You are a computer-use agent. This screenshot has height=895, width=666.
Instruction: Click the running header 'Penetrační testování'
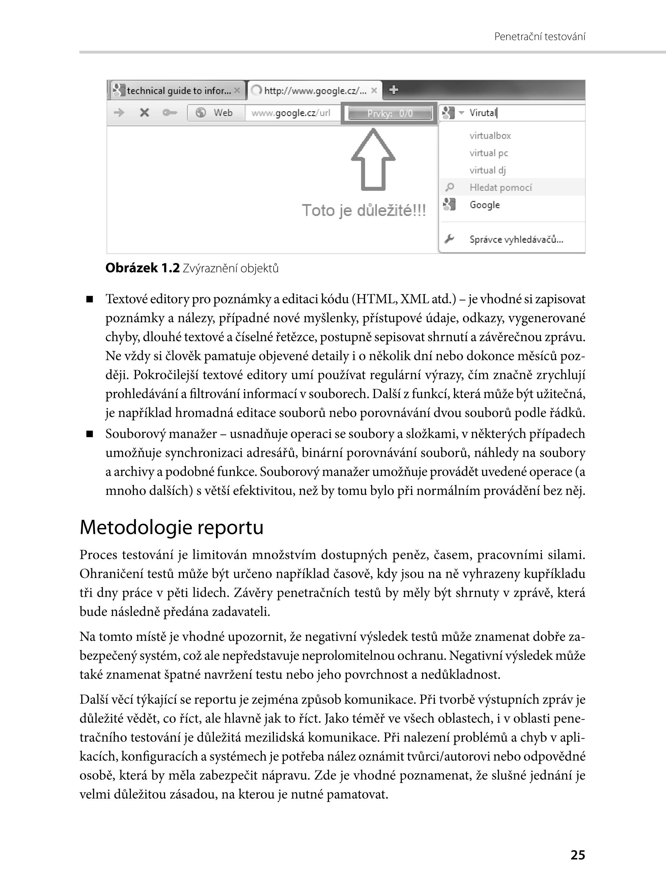coord(539,37)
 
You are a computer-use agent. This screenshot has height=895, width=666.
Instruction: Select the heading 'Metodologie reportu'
coord(171,527)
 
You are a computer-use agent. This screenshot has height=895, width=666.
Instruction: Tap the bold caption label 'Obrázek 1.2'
coord(142,268)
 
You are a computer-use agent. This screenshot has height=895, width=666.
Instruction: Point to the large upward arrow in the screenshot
coord(373,159)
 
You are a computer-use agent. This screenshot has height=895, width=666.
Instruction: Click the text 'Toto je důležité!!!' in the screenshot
coord(364,210)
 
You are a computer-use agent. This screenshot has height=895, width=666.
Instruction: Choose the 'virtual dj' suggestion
coord(488,170)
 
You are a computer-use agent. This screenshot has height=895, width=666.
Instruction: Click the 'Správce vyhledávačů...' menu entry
coord(516,240)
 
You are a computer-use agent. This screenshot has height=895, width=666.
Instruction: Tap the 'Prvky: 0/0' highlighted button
coord(389,114)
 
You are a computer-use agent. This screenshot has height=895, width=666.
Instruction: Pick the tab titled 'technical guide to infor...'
coord(178,91)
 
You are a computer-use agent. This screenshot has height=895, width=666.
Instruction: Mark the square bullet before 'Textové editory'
coord(89,299)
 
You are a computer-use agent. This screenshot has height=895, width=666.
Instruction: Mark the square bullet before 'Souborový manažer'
coord(89,434)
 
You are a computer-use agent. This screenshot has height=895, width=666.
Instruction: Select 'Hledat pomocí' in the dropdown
coord(500,188)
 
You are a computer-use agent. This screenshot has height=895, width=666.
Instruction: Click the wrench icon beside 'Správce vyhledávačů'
coord(449,239)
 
